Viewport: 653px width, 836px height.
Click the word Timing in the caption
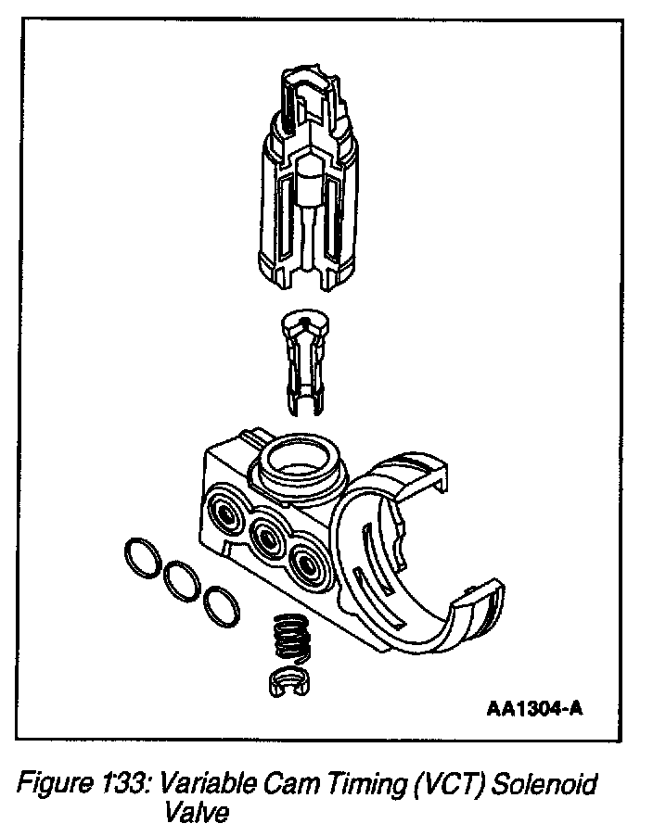[355, 785]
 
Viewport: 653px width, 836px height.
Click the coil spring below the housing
[289, 639]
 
